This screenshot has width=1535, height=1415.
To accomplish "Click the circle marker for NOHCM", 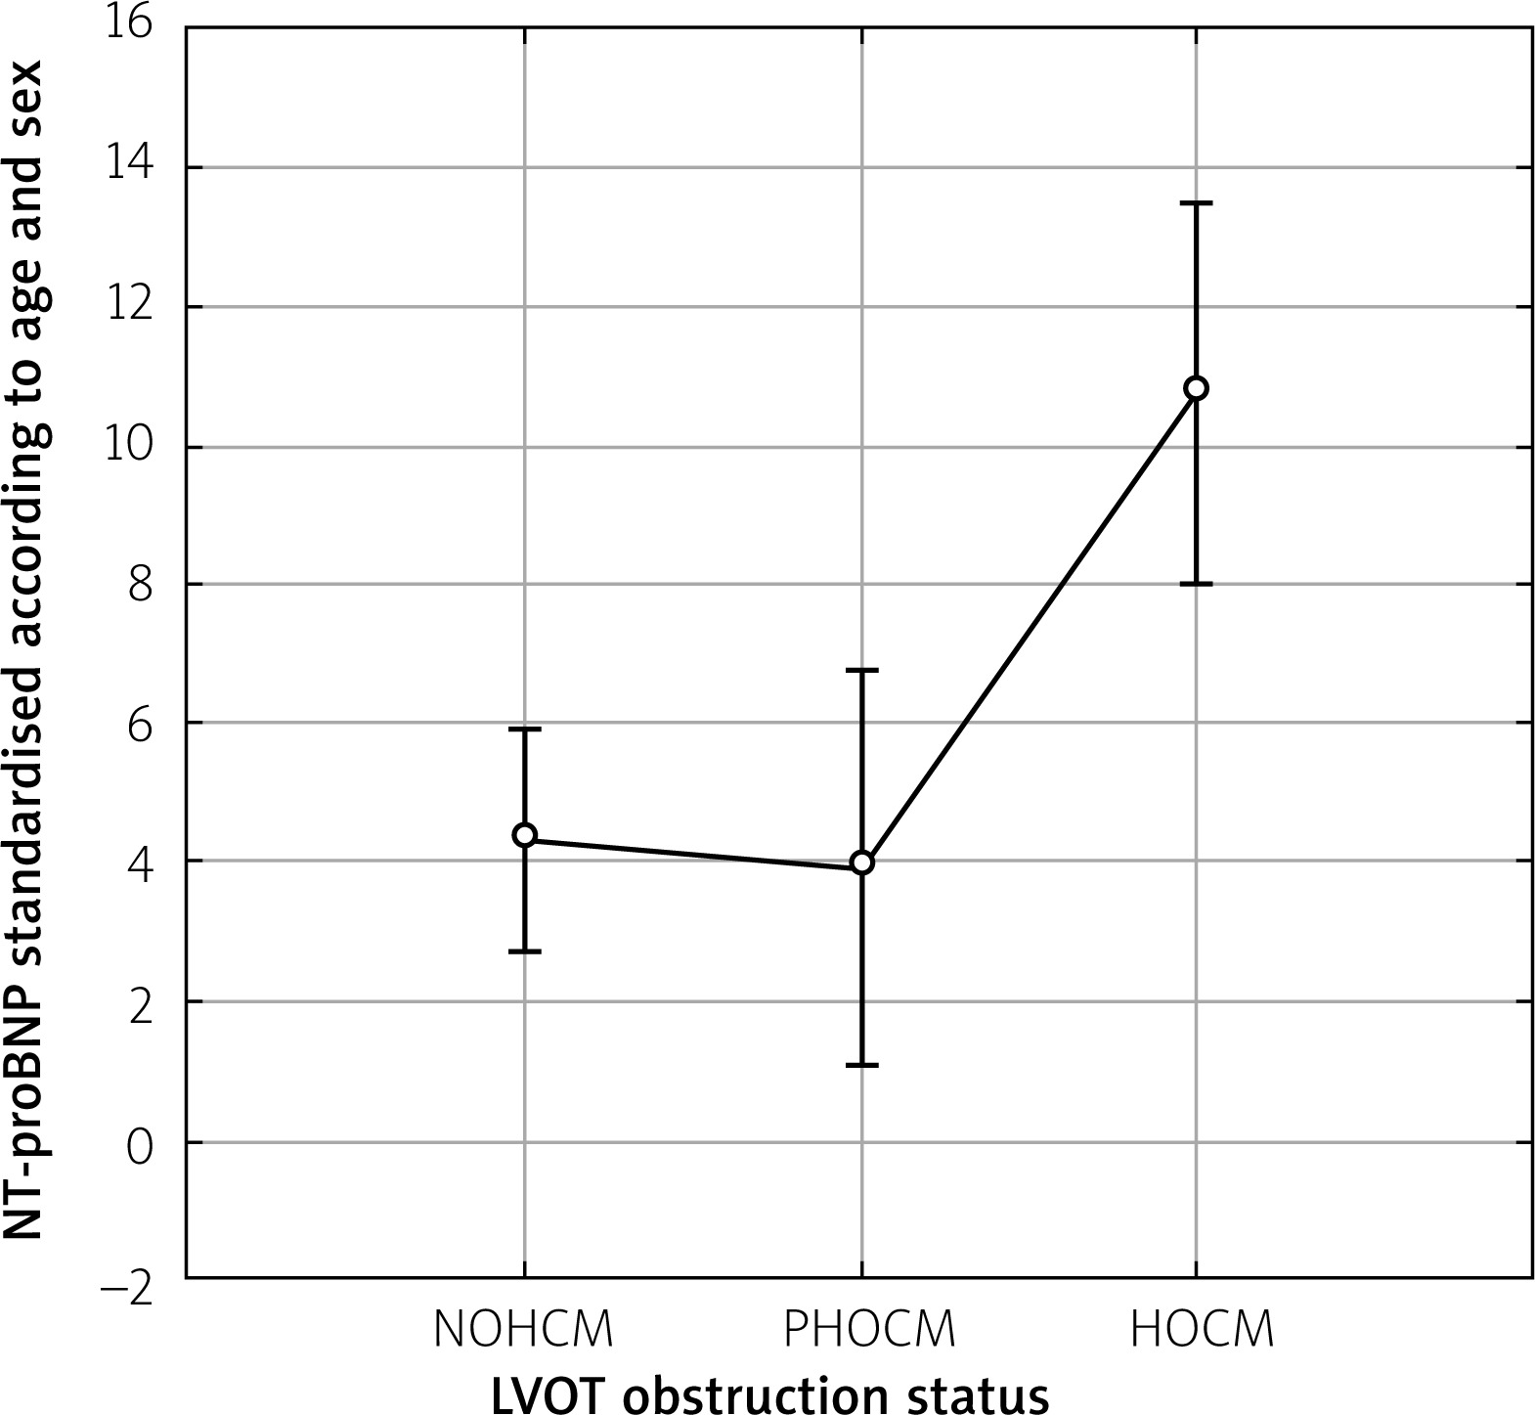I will coord(525,835).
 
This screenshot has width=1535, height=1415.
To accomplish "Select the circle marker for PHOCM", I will coord(861,862).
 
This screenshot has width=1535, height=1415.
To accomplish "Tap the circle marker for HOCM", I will coord(1196,388).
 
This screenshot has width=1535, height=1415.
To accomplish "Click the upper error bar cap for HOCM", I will coord(1196,203).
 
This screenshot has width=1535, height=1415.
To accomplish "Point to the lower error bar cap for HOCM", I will coord(1196,584).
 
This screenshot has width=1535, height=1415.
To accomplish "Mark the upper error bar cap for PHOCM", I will coord(861,671).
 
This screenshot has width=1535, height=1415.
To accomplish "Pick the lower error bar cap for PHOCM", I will coord(861,1065).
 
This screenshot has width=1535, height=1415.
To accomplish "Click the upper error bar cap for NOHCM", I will coord(525,730).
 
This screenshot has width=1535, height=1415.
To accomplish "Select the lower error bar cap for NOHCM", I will coord(525,951).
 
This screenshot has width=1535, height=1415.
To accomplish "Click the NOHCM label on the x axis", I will coord(525,1330).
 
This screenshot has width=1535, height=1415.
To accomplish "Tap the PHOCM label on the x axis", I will coord(869,1330).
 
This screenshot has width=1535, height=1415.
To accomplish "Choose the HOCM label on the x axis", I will coord(1203,1330).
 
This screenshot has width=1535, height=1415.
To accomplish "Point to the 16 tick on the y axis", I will coord(129,23).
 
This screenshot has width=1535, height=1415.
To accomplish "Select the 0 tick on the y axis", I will coord(141,1142).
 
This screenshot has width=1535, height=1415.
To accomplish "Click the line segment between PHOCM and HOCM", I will coord(1029,626).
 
